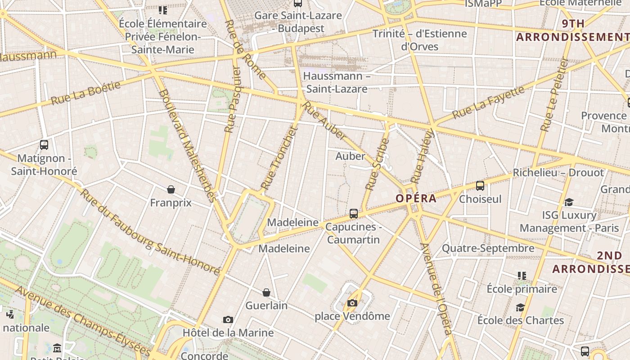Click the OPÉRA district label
pyautogui.click(x=416, y=198)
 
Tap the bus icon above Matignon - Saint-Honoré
pyautogui.click(x=44, y=145)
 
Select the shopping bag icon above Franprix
pyautogui.click(x=171, y=189)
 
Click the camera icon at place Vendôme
pyautogui.click(x=352, y=303)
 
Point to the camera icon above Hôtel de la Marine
pyautogui.click(x=228, y=319)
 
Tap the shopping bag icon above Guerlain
pyautogui.click(x=266, y=292)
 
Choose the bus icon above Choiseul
pyautogui.click(x=480, y=185)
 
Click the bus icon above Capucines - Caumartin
pyautogui.click(x=354, y=213)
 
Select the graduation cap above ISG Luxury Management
pyautogui.click(x=569, y=202)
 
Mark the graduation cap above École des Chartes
pyautogui.click(x=521, y=307)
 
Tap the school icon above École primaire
pyautogui.click(x=522, y=275)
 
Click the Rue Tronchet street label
pyautogui.click(x=279, y=158)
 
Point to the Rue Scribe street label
pyautogui.click(x=377, y=164)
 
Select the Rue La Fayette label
pyautogui.click(x=488, y=102)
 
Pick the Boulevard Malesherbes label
pyautogui.click(x=187, y=145)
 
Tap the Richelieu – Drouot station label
pyautogui.click(x=558, y=173)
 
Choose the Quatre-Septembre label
pyautogui.click(x=488, y=248)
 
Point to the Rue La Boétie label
pyautogui.click(x=86, y=93)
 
